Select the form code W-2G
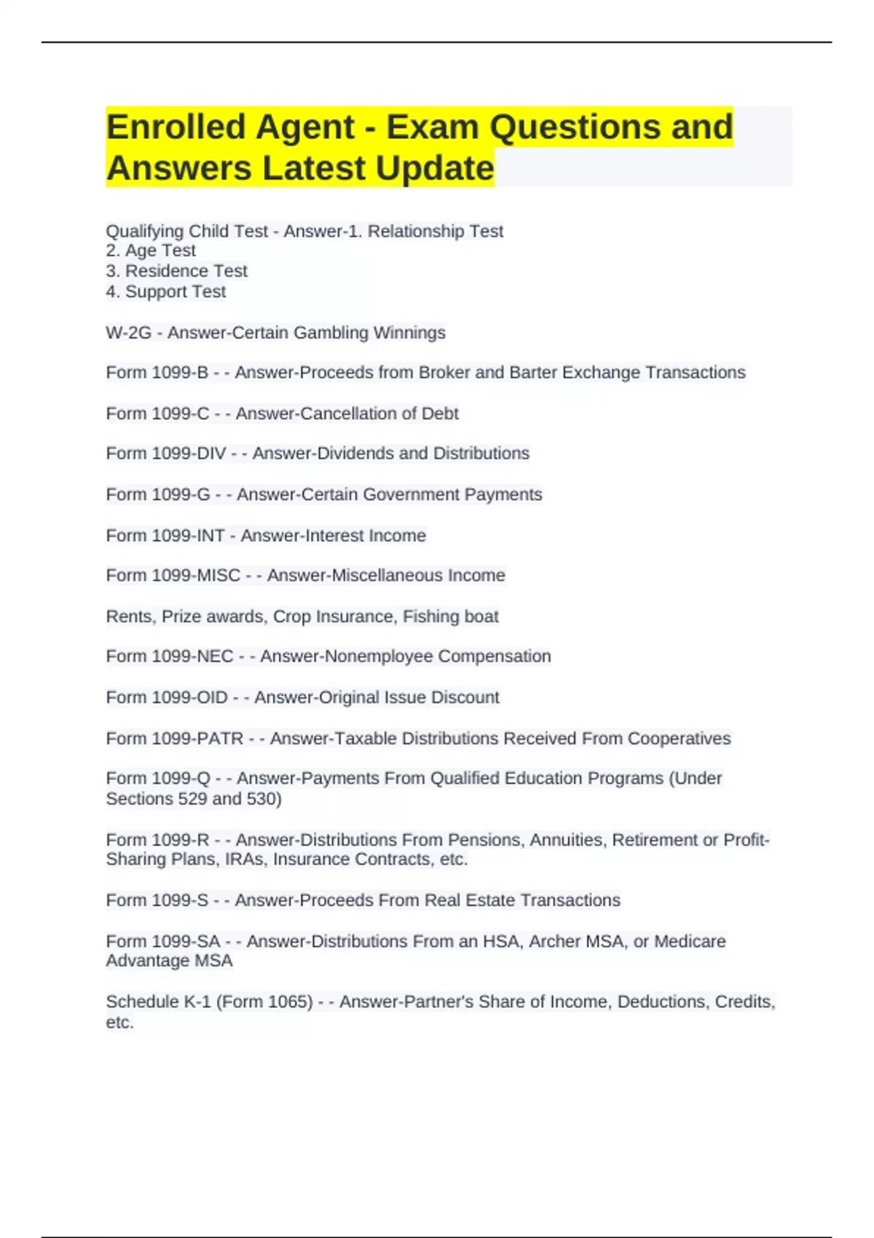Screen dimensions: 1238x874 point(128,333)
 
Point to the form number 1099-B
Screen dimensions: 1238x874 point(179,373)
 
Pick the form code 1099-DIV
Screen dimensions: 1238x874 point(189,454)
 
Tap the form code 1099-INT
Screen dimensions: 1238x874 point(187,536)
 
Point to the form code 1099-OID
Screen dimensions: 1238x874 point(189,698)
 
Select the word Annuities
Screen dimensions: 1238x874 point(567,840)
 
